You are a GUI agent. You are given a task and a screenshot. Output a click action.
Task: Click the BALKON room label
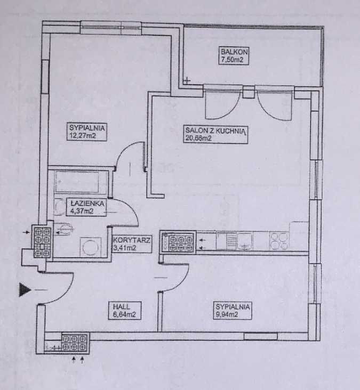click(x=234, y=52)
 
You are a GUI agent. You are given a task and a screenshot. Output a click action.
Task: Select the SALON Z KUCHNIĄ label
click(x=215, y=131)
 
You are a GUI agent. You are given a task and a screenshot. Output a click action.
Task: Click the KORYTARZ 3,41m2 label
click(x=131, y=244)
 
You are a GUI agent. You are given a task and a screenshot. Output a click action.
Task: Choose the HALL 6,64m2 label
click(x=124, y=311)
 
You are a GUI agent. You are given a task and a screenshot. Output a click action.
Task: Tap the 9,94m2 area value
click(x=227, y=314)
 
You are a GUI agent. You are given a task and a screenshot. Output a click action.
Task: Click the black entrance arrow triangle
click(x=25, y=290)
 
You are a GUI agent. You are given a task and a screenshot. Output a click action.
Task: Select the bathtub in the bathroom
click(x=82, y=181)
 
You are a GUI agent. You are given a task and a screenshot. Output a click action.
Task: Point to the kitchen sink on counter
click(x=245, y=241)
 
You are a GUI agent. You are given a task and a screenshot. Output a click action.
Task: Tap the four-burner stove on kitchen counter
click(x=279, y=241)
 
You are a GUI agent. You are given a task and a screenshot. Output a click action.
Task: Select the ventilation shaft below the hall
click(x=75, y=343)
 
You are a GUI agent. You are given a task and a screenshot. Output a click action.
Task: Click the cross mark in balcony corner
click(x=187, y=81)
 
